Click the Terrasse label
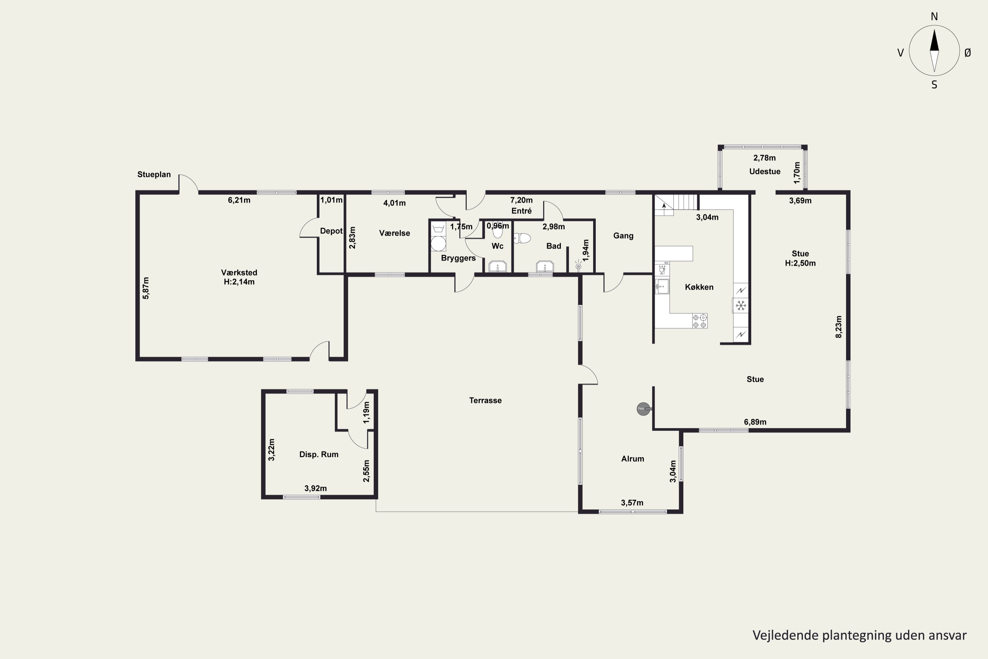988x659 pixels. [x=485, y=401]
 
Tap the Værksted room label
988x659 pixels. [x=239, y=273]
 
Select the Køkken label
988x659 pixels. [x=699, y=287]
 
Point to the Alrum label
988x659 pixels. [x=633, y=459]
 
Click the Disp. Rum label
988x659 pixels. [x=318, y=454]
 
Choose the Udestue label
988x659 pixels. [x=764, y=171]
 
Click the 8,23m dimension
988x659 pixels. [x=838, y=327]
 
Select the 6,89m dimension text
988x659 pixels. [x=755, y=422]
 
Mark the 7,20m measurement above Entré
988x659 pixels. [x=521, y=200]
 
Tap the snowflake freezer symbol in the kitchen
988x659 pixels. [x=741, y=305]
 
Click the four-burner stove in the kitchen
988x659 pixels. [x=700, y=321]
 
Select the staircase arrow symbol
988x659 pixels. [x=664, y=206]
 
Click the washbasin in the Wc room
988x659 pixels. [x=497, y=267]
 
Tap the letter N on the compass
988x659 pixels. [x=934, y=16]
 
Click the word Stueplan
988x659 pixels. [x=154, y=174]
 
